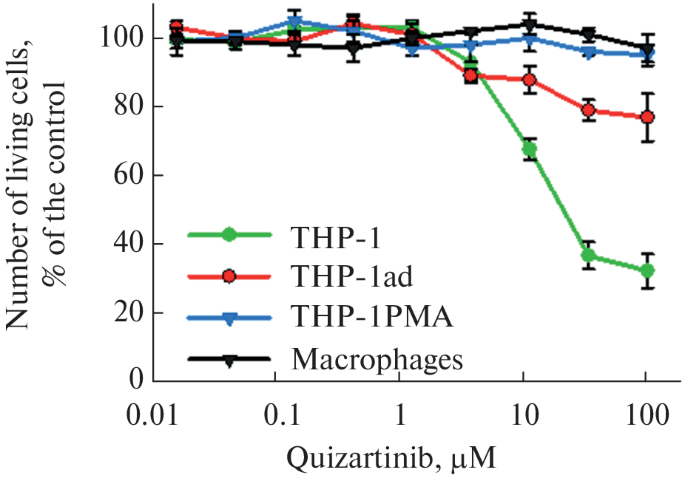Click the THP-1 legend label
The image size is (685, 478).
[336, 238]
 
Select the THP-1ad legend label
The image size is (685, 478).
[352, 276]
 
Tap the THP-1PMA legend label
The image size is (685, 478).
[372, 316]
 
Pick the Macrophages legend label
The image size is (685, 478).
[377, 360]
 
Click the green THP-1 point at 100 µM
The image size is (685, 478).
[647, 271]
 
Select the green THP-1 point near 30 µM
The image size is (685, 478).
[589, 255]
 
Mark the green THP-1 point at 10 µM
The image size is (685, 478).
[529, 150]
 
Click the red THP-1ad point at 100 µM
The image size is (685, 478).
[647, 117]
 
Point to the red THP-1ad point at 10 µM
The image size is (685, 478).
[529, 80]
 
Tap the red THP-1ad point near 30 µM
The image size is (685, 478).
[589, 110]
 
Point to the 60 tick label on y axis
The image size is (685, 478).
[128, 176]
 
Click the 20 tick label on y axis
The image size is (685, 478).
[128, 313]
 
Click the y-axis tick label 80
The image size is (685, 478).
[128, 107]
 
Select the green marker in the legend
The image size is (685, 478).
[229, 235]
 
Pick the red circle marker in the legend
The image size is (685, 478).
[229, 276]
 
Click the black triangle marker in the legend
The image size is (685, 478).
[229, 360]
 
